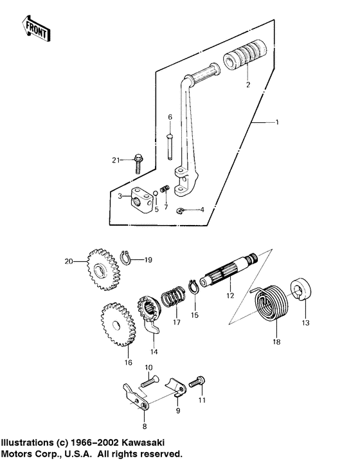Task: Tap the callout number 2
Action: click(247, 84)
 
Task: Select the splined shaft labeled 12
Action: click(229, 273)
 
